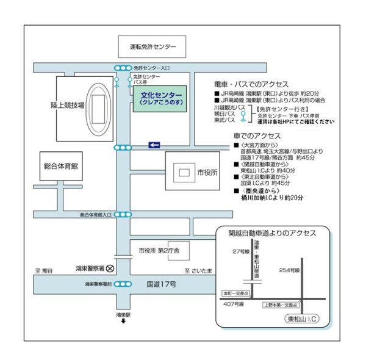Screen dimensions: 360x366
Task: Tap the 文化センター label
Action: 161,95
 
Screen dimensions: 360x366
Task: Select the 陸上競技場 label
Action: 68,105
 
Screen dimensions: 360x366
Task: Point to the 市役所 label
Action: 207,173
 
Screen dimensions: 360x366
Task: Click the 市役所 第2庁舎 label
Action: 159,251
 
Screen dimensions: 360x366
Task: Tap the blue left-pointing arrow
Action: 154,145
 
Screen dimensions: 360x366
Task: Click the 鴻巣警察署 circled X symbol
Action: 110,267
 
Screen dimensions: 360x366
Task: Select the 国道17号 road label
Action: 160,284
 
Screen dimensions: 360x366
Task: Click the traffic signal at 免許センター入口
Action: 123,68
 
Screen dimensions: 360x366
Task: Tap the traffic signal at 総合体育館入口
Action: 123,215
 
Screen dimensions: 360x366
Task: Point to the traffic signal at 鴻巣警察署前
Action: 123,284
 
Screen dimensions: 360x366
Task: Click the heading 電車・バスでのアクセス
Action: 251,83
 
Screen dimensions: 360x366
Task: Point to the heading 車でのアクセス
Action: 257,135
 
